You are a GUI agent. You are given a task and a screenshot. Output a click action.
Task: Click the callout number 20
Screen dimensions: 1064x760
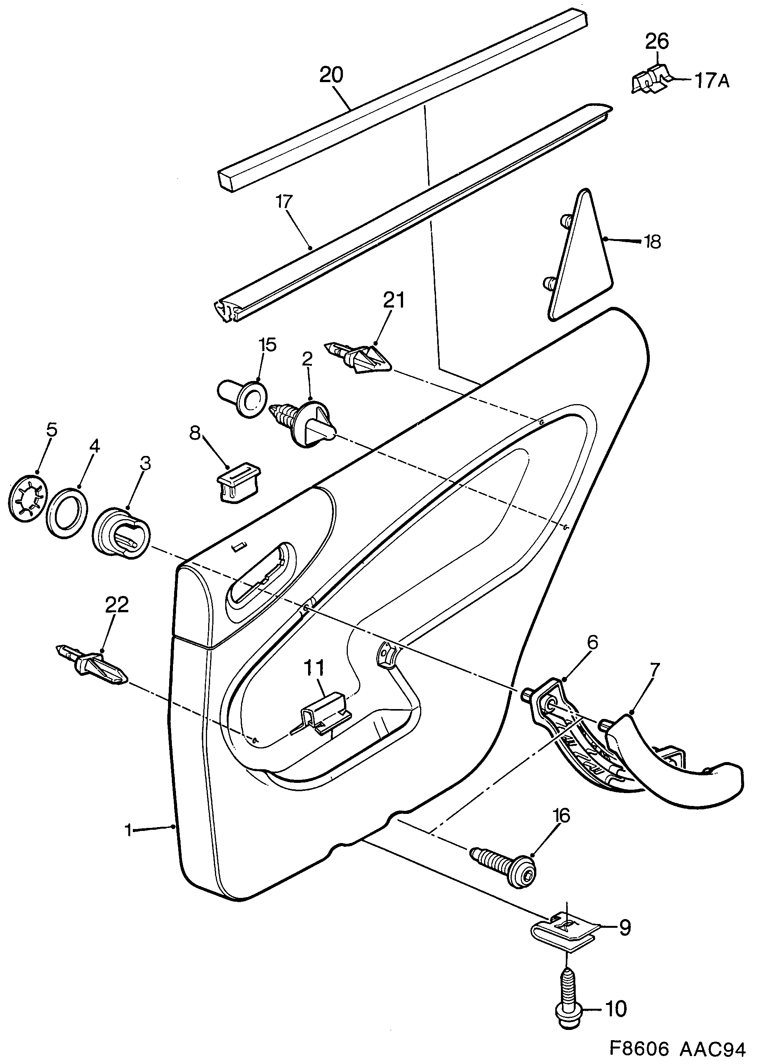point(331,75)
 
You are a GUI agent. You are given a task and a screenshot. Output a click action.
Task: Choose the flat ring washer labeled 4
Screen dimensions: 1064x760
point(69,513)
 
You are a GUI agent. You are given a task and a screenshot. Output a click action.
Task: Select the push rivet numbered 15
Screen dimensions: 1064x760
point(243,398)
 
